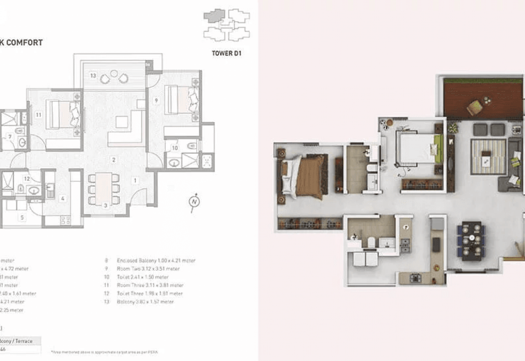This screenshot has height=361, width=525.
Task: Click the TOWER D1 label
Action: [x=226, y=53]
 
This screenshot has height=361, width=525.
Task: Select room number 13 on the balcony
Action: [x=93, y=75]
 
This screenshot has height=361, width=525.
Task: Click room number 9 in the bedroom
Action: [x=156, y=100]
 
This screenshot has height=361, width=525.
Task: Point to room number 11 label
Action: [x=38, y=115]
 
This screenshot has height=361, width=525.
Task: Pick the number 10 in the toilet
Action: [x=174, y=148]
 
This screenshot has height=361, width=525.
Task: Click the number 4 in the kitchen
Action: [x=63, y=199]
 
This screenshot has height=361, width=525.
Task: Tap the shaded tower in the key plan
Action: [x=214, y=16]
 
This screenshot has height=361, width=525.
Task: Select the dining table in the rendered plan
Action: [x=471, y=241]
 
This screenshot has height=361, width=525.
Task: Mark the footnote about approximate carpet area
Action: [x=105, y=352]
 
